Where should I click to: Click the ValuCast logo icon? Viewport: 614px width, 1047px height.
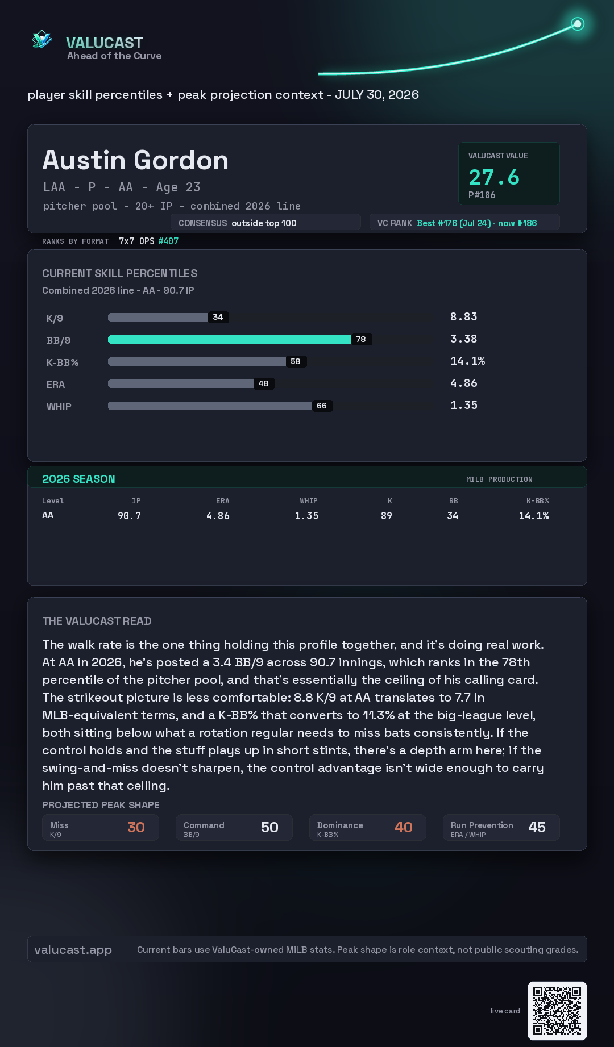tap(42, 39)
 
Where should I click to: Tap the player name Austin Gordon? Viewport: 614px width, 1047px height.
tap(135, 160)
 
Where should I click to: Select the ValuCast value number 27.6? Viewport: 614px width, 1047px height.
tap(494, 177)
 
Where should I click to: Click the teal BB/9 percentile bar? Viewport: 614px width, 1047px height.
tap(230, 339)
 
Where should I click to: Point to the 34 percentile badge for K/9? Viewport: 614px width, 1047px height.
tap(218, 317)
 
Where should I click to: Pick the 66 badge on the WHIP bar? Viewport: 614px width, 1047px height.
tap(322, 406)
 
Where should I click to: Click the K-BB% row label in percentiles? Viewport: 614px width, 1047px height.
tap(63, 362)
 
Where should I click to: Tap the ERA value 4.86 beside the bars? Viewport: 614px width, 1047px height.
tap(464, 383)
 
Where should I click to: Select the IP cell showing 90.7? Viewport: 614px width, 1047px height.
tap(129, 516)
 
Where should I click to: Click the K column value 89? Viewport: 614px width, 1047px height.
tap(387, 516)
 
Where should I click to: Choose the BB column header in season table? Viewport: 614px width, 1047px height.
tap(453, 501)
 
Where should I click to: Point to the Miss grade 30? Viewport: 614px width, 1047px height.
tap(136, 827)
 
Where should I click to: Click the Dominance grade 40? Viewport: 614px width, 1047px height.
tap(404, 827)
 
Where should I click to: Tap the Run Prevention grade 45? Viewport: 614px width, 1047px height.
tap(537, 827)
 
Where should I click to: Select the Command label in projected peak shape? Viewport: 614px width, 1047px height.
tap(204, 825)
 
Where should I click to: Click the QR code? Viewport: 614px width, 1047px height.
tap(557, 1011)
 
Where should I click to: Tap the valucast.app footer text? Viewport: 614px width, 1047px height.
tap(73, 950)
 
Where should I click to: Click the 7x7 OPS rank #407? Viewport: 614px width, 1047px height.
tap(168, 241)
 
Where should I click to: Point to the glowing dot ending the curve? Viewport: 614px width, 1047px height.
tap(578, 24)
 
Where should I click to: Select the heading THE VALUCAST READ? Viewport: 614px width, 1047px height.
tap(97, 621)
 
